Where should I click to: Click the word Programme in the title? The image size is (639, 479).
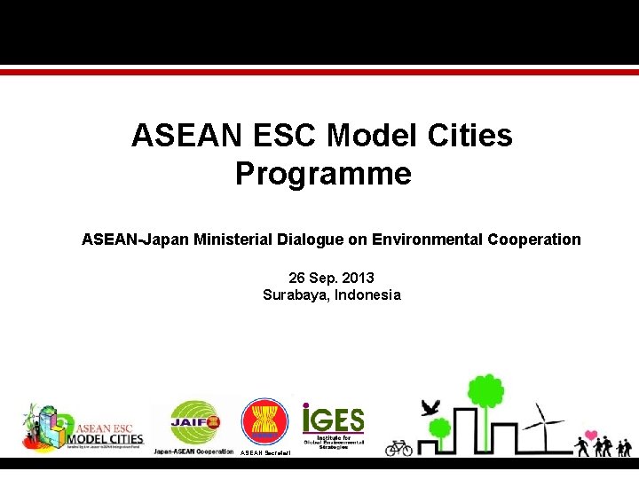pyautogui.click(x=323, y=174)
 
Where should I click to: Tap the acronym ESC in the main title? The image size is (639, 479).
pyautogui.click(x=280, y=136)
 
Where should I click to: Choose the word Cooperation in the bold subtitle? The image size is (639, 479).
pyautogui.click(x=533, y=239)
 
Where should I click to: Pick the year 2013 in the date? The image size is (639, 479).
pyautogui.click(x=357, y=278)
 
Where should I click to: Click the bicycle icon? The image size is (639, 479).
pyautogui.click(x=398, y=447)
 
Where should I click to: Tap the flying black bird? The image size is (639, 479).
pyautogui.click(x=431, y=407)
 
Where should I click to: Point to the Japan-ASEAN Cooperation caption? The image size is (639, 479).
pyautogui.click(x=193, y=452)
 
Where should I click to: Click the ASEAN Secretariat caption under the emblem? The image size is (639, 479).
pyautogui.click(x=264, y=452)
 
